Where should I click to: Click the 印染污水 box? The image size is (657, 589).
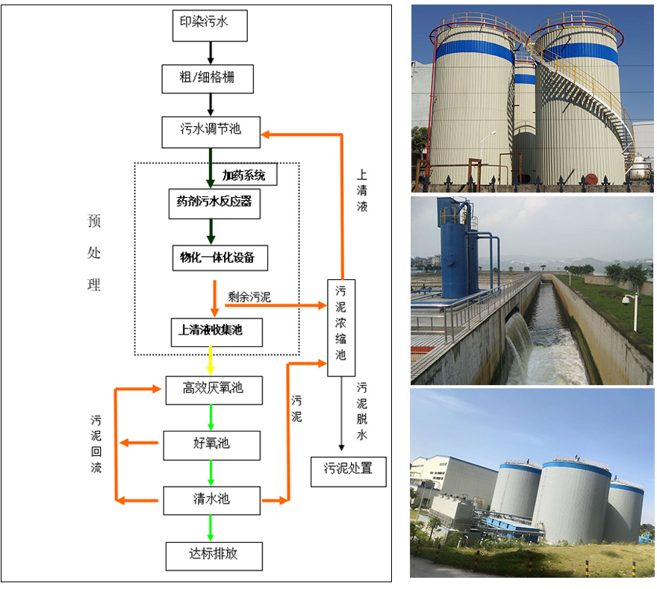pyautogui.click(x=210, y=25)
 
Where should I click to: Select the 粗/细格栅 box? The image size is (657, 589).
pyautogui.click(x=210, y=78)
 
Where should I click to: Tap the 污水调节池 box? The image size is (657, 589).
pyautogui.click(x=211, y=131)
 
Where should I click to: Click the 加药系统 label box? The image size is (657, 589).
pyautogui.click(x=244, y=175)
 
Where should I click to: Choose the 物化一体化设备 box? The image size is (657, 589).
pyautogui.click(x=218, y=258)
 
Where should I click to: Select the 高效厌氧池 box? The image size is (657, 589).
pyautogui.click(x=214, y=389)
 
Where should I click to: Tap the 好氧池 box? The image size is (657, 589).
pyautogui.click(x=212, y=445)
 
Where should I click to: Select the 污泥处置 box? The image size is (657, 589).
pyautogui.click(x=348, y=471)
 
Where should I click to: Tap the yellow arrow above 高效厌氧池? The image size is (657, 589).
pyautogui.click(x=211, y=361)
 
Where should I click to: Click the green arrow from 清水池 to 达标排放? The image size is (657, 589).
pyautogui.click(x=211, y=528)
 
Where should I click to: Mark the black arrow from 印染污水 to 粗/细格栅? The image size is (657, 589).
pyautogui.click(x=211, y=52)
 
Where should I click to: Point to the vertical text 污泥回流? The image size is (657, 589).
pyautogui.click(x=96, y=445)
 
